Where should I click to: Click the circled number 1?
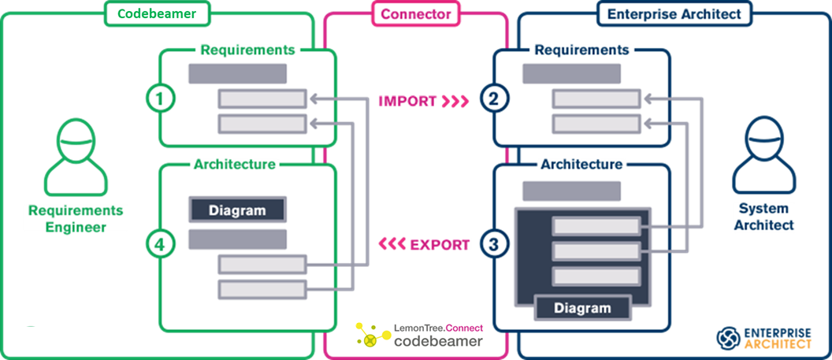pos(162,98)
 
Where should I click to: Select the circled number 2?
pos(494,98)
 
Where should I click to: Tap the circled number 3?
pos(494,244)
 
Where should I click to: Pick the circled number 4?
pos(162,244)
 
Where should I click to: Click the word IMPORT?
pos(407,101)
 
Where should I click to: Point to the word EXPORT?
pos(440,244)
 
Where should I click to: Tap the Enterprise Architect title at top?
pos(674,13)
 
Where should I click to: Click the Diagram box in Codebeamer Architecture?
pos(237,210)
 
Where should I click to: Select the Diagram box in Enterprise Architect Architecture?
pos(582,307)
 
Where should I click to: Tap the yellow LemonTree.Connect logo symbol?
pos(366,336)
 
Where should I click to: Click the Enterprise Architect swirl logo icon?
pos(728,337)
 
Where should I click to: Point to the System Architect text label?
pos(763,217)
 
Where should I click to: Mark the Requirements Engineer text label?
pos(76,219)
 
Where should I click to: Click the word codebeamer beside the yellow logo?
pos(439,341)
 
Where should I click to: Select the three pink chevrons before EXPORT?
pos(392,244)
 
